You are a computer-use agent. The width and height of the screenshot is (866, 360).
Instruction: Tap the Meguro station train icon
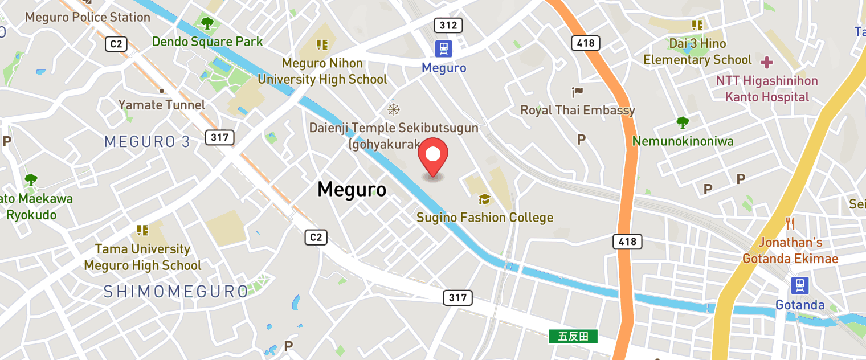click(443, 49)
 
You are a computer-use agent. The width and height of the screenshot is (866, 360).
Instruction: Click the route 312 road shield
click(448, 25)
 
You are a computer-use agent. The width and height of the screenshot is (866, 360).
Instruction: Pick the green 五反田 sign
click(573, 337)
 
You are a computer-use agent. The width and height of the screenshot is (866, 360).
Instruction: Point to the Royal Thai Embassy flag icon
click(578, 91)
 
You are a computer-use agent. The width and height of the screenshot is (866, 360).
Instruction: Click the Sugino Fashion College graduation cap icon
click(484, 199)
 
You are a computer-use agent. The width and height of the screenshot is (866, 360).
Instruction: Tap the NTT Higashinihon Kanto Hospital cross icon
click(767, 62)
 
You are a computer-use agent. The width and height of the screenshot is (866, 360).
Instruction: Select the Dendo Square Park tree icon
click(207, 23)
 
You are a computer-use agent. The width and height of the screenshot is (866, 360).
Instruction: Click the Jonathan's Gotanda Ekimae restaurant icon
click(790, 223)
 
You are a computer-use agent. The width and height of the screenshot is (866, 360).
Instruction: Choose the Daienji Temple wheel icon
click(393, 109)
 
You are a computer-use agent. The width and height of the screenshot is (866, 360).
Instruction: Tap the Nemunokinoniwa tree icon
click(682, 122)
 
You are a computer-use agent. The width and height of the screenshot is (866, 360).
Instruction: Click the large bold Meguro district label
click(352, 189)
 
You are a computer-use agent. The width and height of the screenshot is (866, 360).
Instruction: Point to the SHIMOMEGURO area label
click(176, 292)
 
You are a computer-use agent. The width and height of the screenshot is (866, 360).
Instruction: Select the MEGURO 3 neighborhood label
click(147, 142)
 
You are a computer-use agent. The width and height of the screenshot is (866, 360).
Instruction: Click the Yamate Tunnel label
click(162, 105)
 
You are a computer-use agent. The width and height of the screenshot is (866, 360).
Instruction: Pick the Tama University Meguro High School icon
click(142, 230)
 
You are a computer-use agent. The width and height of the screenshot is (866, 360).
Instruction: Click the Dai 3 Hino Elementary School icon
click(697, 25)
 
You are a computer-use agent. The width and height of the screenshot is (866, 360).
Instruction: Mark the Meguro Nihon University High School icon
click(322, 44)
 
